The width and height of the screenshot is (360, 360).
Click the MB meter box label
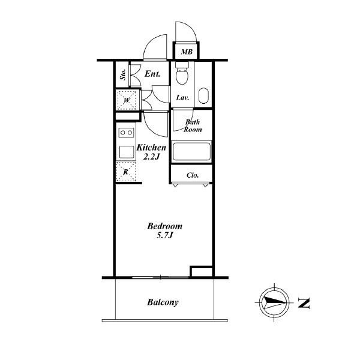pyautogui.click(x=187, y=52)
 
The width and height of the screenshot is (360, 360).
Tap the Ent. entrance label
pyautogui.click(x=152, y=74)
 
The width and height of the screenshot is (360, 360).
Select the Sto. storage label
pyautogui.click(x=123, y=74)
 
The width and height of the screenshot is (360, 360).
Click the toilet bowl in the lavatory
pyautogui.click(x=182, y=74)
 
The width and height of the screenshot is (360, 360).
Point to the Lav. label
pyautogui.click(x=183, y=98)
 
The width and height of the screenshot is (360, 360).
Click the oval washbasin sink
pyautogui.click(x=203, y=96)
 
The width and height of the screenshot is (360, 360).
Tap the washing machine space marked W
pyautogui.click(x=127, y=100)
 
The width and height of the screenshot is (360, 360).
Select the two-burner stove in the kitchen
pyautogui.click(x=126, y=133)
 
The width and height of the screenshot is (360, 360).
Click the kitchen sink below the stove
pyautogui.click(x=127, y=152)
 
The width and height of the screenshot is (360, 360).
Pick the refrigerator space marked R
pyautogui.click(x=126, y=172)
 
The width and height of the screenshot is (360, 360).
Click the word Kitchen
pyautogui.click(x=151, y=148)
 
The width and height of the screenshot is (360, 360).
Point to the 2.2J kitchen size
pyautogui.click(x=151, y=157)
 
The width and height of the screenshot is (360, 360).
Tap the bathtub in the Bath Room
pyautogui.click(x=191, y=152)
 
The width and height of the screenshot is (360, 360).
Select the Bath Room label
pyautogui.click(x=193, y=125)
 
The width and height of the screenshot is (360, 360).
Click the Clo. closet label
pyautogui.click(x=193, y=175)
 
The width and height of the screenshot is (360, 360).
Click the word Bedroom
pyautogui.click(x=165, y=226)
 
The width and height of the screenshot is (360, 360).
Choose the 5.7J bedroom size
pyautogui.click(x=164, y=235)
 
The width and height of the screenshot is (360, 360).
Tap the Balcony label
pyautogui.click(x=163, y=302)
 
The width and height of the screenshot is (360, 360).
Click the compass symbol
pyautogui.click(x=274, y=302)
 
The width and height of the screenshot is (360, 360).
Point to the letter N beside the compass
pyautogui.click(x=304, y=303)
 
